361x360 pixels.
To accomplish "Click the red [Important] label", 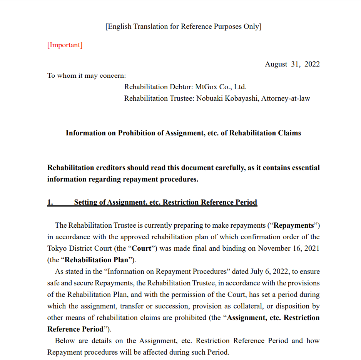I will click(x=65, y=45).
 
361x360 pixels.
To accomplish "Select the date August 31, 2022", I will click(x=292, y=64).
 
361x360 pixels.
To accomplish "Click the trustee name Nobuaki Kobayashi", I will click(x=227, y=98).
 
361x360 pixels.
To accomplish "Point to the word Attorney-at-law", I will click(x=286, y=98).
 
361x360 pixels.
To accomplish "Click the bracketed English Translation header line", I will click(x=183, y=27).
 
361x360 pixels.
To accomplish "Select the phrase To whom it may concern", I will click(x=87, y=75).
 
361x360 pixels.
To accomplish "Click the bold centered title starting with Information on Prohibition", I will click(x=183, y=133).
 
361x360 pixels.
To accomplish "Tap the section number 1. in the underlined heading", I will click(x=50, y=202).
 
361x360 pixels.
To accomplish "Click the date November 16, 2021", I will click(x=289, y=248).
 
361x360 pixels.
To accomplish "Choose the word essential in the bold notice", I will click(x=306, y=168).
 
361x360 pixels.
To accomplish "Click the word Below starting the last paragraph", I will click(x=64, y=341).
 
